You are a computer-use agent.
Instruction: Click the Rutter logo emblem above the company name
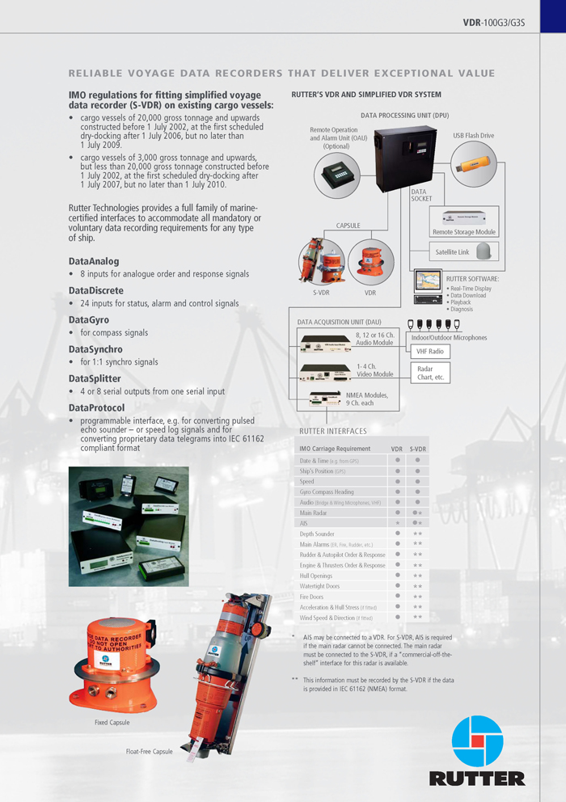(x=477, y=741)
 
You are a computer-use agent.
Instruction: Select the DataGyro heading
(x=89, y=319)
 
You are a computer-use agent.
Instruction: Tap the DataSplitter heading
(x=95, y=378)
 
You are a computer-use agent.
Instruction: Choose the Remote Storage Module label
(x=463, y=232)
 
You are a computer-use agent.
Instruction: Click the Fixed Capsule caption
(x=112, y=722)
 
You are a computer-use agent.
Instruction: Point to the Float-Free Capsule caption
(x=150, y=751)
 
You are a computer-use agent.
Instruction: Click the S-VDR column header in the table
(x=417, y=449)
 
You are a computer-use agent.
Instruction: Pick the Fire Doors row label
(x=312, y=597)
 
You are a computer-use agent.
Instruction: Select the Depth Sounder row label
(x=317, y=534)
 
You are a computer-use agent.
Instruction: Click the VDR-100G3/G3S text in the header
(x=494, y=23)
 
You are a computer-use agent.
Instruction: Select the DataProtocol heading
(x=96, y=407)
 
